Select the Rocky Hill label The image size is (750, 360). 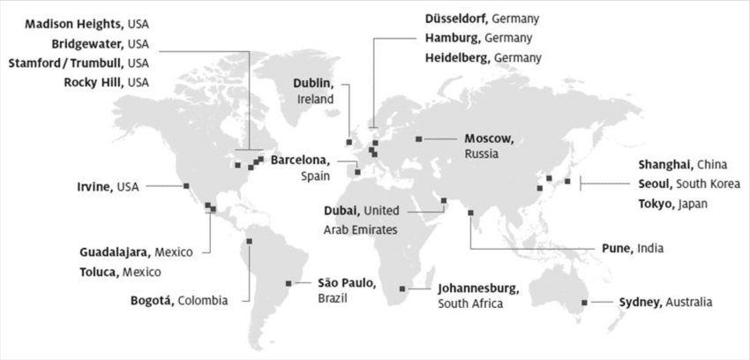[106, 82]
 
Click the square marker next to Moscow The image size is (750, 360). [419, 139]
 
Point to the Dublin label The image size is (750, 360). [313, 84]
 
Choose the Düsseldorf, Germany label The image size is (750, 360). [482, 19]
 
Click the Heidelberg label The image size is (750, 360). [482, 57]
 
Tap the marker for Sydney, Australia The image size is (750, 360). [583, 303]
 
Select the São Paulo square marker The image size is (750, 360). [289, 283]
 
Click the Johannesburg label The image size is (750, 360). [477, 289]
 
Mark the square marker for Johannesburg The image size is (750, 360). [403, 289]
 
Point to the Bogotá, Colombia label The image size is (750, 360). [177, 300]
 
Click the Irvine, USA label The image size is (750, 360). [108, 187]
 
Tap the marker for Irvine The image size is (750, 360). [186, 185]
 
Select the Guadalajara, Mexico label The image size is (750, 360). [136, 252]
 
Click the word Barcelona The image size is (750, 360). [300, 161]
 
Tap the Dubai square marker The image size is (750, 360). [444, 201]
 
